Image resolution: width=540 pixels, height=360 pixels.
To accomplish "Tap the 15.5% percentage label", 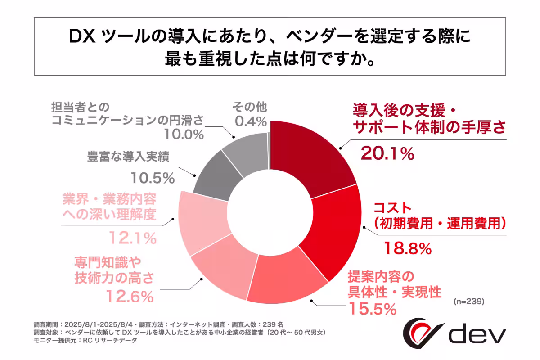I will (x=372, y=309).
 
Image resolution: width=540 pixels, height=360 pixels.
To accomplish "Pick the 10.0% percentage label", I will (x=180, y=134).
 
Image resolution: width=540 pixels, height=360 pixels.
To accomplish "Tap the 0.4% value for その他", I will (x=250, y=122).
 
